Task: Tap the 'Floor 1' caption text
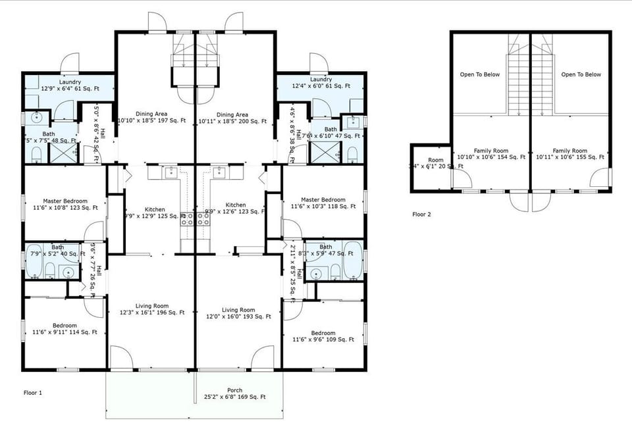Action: click(x=33, y=393)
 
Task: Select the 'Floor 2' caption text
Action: click(x=422, y=214)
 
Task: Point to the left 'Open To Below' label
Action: click(x=479, y=74)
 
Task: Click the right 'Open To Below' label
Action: click(x=581, y=74)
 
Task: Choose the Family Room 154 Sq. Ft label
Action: click(x=490, y=154)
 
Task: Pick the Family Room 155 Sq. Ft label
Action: click(x=569, y=154)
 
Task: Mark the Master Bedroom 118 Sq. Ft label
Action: click(x=323, y=203)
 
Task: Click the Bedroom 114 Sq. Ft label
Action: click(x=65, y=329)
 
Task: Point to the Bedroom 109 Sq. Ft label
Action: click(x=323, y=336)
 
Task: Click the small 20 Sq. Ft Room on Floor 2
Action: click(x=431, y=165)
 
